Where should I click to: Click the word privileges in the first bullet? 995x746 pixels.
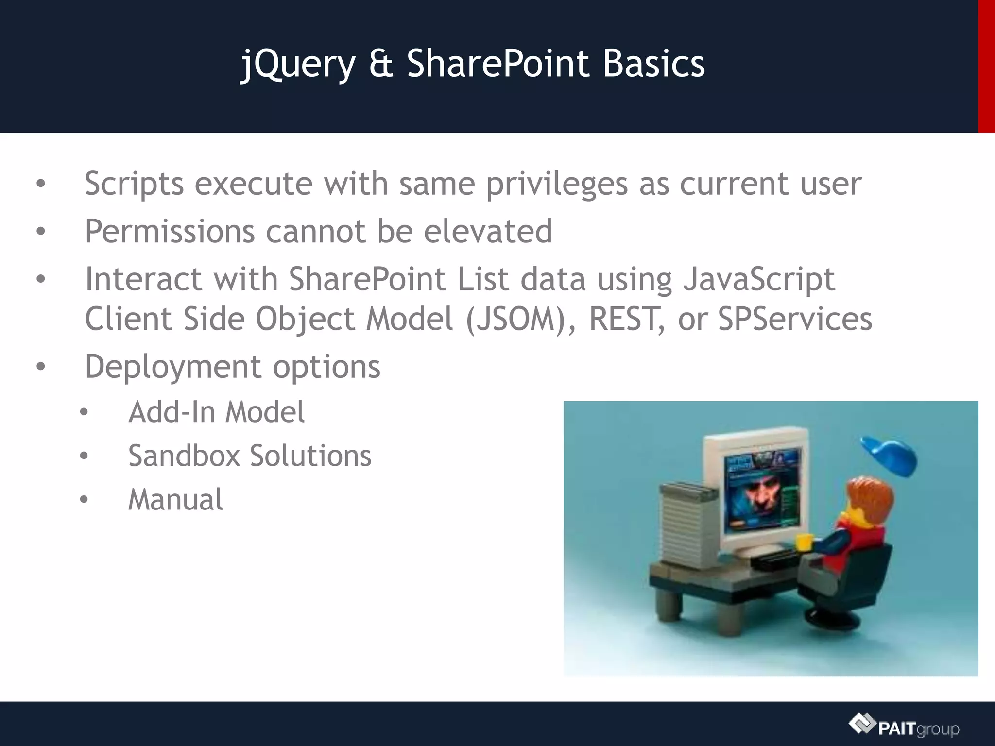[x=557, y=185]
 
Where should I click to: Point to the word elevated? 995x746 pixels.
[x=488, y=231]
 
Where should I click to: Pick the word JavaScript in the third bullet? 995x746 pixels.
[x=759, y=280]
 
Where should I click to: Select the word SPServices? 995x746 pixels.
[x=795, y=320]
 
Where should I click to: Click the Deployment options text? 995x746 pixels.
[x=232, y=367]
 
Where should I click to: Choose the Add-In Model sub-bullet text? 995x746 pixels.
[x=216, y=412]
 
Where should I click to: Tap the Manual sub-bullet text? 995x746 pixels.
[x=175, y=500]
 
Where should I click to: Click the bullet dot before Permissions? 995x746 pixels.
[x=41, y=232]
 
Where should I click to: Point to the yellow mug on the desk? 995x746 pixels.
[x=804, y=542]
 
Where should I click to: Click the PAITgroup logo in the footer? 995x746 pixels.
[x=904, y=727]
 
